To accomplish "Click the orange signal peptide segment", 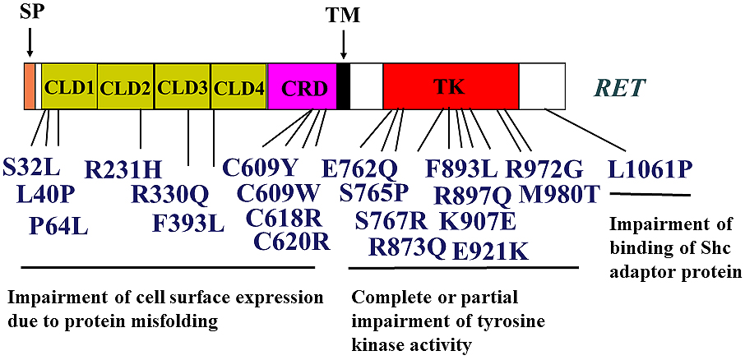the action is tap(29, 86).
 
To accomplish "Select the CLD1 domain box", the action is tap(69, 86).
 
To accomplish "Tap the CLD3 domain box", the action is tap(183, 86).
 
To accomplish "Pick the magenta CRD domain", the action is tap(302, 86).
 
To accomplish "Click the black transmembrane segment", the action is tap(344, 86).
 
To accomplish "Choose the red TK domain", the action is tap(451, 86).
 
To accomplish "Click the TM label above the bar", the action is tap(343, 15).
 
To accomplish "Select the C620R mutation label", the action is tap(292, 242).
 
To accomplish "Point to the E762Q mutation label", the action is tap(359, 168).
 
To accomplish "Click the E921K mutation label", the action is tap(490, 252).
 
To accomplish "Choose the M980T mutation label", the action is tap(560, 194).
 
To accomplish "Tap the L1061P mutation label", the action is tap(649, 169).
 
